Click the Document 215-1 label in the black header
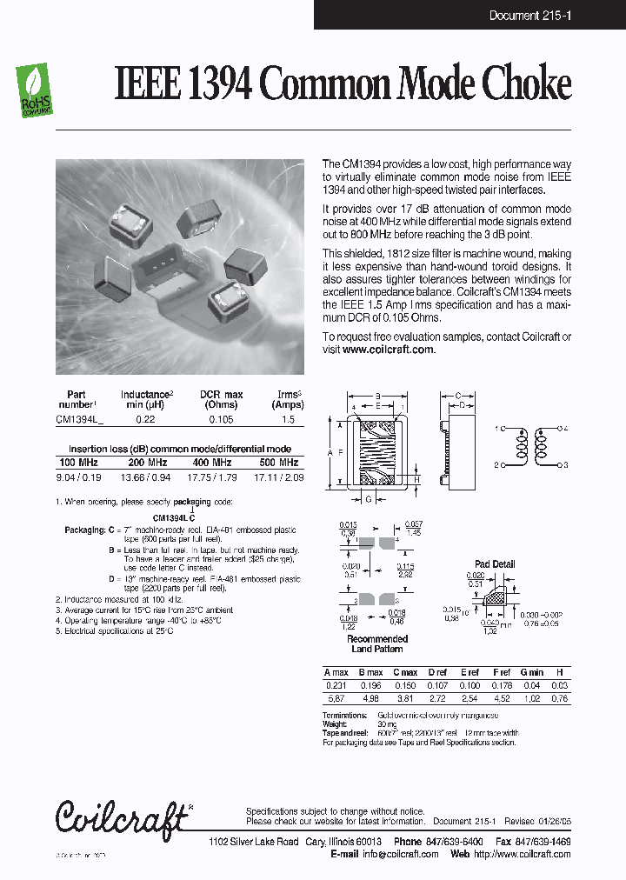tap(529, 16)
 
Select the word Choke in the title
tap(529, 85)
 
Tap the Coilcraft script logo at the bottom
tap(123, 817)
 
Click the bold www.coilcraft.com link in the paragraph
tap(388, 349)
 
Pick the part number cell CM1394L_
tap(79, 419)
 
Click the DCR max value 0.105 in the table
tap(221, 419)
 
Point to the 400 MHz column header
tap(212, 463)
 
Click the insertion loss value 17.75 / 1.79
tap(212, 477)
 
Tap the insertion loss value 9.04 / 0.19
tap(78, 477)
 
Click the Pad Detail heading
tap(495, 563)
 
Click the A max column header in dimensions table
tap(336, 672)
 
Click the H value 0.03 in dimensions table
tap(560, 685)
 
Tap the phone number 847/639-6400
tap(435, 842)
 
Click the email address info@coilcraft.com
tap(400, 854)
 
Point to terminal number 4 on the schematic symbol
tap(564, 429)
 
